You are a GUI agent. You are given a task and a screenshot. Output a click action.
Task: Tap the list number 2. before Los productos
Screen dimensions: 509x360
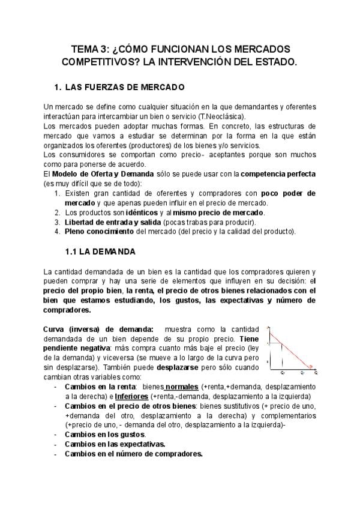[57, 212]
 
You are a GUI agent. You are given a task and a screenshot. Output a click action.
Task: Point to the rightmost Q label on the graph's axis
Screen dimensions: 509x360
[315, 373]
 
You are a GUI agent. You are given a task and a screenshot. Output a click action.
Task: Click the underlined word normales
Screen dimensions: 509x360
[181, 387]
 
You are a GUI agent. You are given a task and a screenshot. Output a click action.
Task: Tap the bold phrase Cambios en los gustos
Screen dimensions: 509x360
[104, 434]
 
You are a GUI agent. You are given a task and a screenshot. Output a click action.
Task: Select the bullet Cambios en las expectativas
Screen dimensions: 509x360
[115, 444]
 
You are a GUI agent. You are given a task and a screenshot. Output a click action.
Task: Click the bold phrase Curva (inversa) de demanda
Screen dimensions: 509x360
[98, 328]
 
